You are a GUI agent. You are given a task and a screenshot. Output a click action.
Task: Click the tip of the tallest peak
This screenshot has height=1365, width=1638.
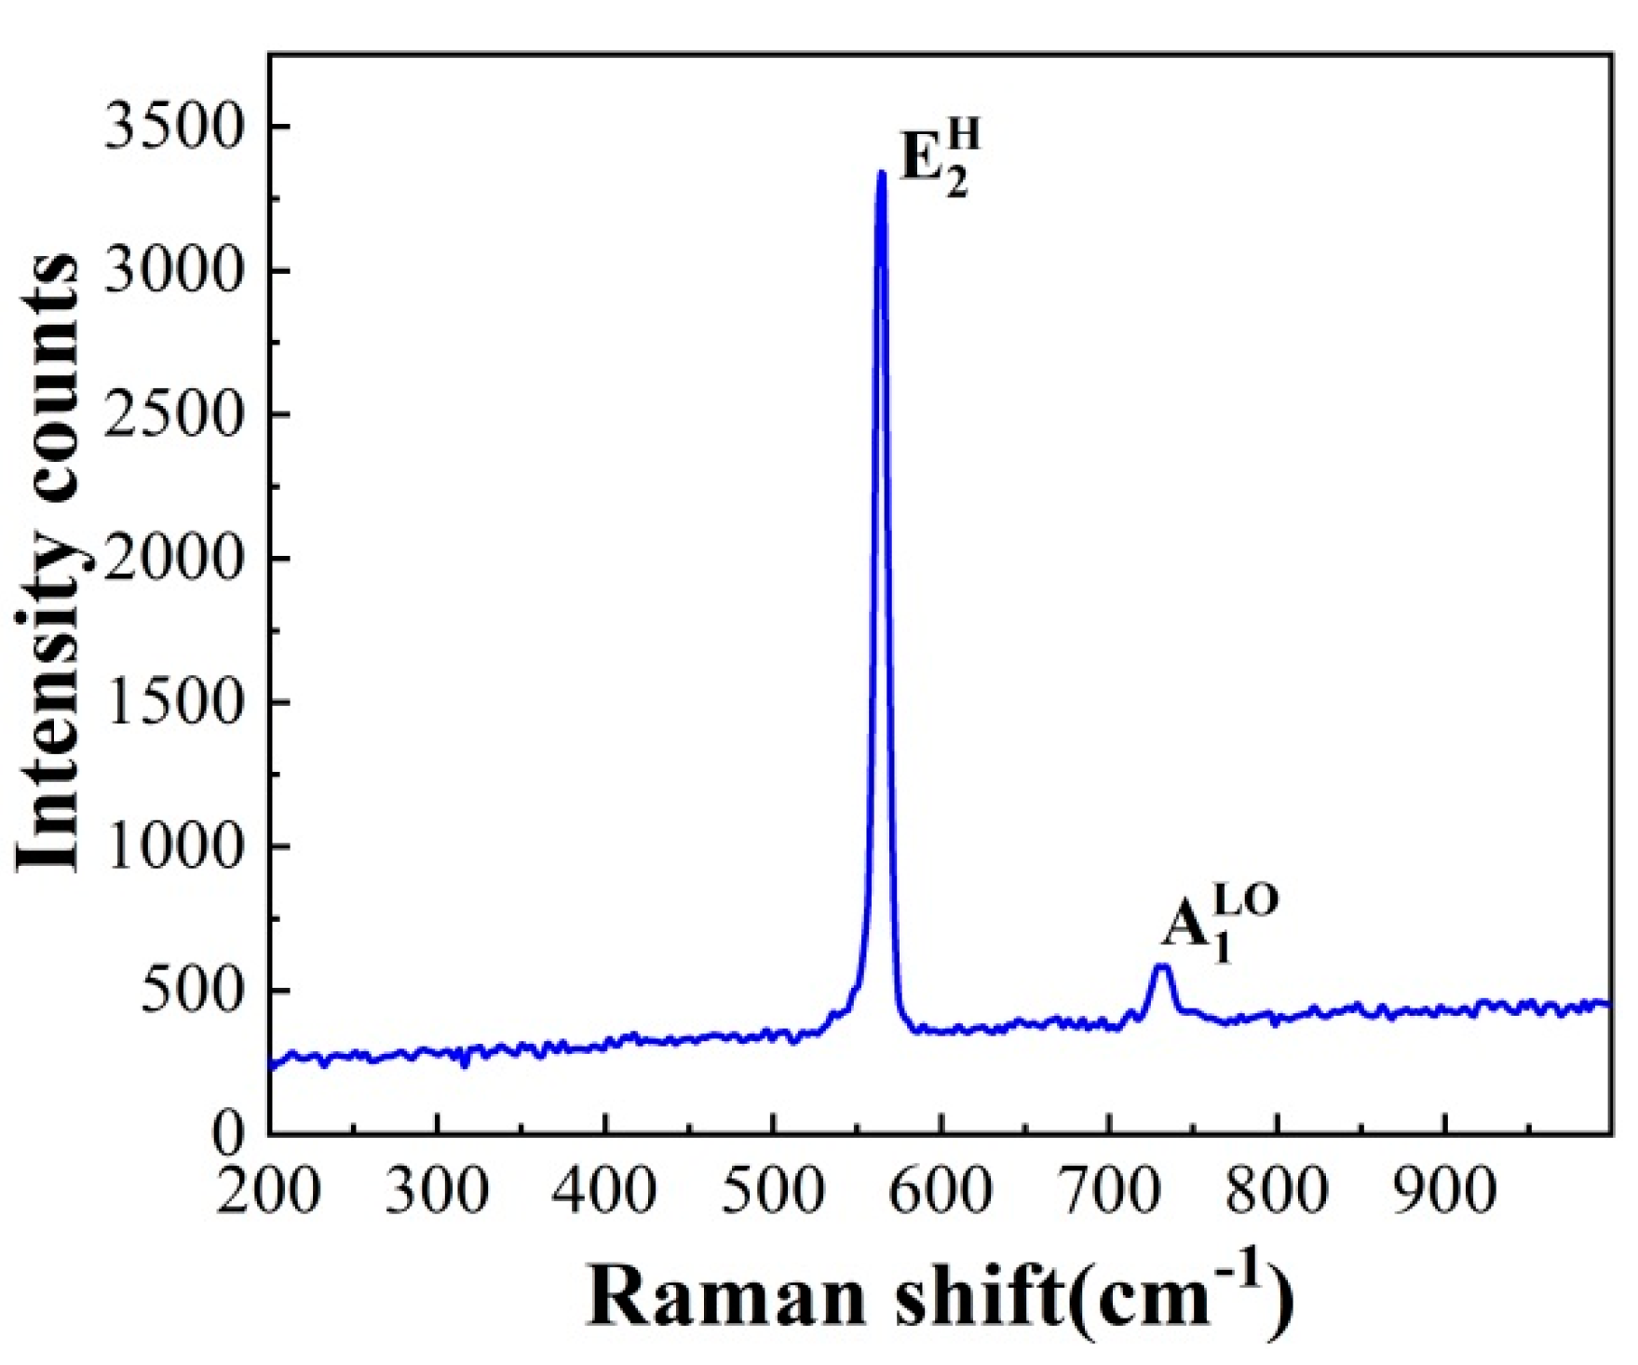point(881,173)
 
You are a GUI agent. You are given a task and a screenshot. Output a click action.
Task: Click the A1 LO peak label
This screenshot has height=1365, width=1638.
point(1219,924)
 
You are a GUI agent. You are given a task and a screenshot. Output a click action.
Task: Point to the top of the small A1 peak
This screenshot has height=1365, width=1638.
point(1161,967)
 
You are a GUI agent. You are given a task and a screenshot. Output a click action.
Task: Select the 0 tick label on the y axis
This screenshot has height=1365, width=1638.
point(227,1133)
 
